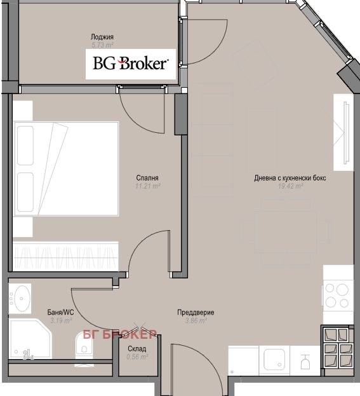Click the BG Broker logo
tap(130, 64)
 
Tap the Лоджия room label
tap(102, 37)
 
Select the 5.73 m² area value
tap(102, 45)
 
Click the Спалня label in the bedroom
tap(147, 178)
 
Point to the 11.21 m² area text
tap(148, 186)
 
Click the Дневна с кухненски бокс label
tap(290, 178)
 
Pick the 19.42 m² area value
tap(291, 186)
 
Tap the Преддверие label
tap(196, 313)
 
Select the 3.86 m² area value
tap(196, 321)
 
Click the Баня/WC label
tap(60, 312)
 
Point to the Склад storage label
tap(137, 349)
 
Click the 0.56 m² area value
tap(137, 357)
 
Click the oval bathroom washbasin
tap(21, 299)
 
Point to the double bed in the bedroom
tap(66, 168)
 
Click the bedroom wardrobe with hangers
tap(65, 257)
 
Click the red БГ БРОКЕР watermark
tap(120, 334)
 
